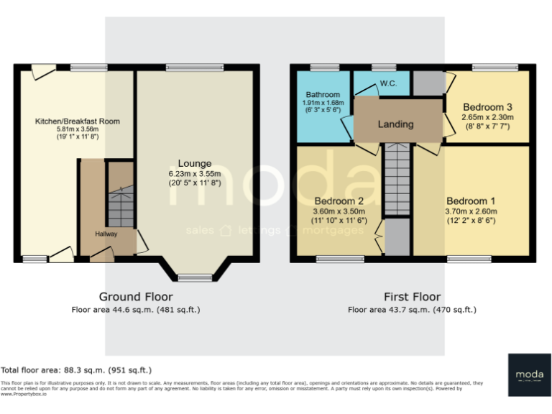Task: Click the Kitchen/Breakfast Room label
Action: (78, 121)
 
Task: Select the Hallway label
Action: (106, 234)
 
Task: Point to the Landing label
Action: (396, 124)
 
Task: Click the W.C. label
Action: (388, 84)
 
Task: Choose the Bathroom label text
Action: (323, 94)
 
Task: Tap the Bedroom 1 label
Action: (471, 201)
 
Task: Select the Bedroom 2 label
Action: (340, 201)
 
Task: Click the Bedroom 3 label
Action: (487, 106)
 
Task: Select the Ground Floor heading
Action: (136, 297)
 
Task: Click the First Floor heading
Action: (412, 297)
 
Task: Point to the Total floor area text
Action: (76, 370)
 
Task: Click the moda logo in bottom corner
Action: (529, 374)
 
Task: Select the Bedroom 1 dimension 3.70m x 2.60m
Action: (471, 211)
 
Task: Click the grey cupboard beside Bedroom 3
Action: (428, 83)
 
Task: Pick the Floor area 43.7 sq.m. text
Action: (412, 310)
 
